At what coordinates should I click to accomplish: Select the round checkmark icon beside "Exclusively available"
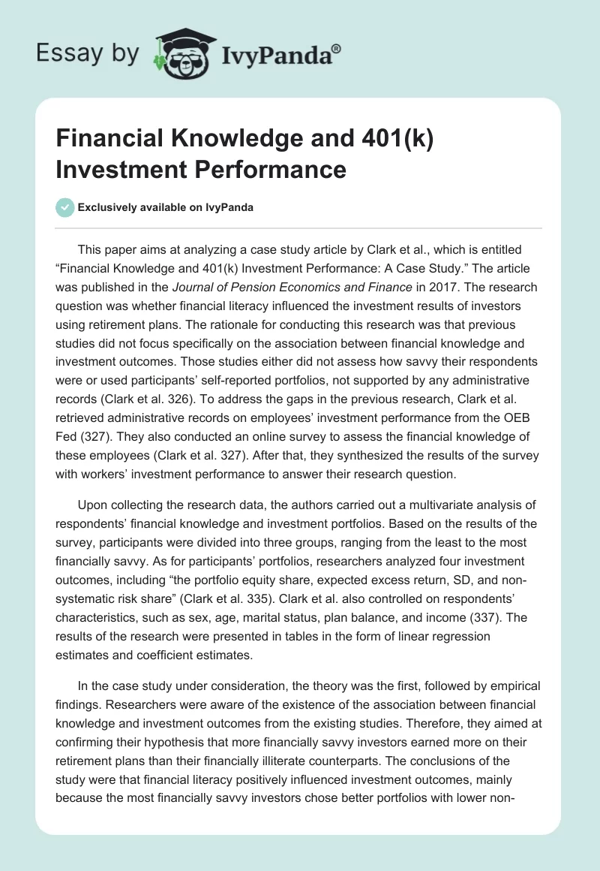[64, 207]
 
